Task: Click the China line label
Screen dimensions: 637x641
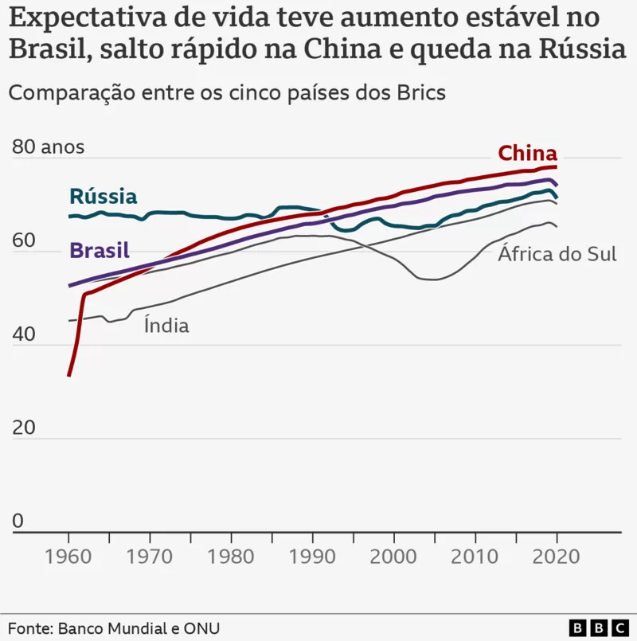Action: [x=527, y=154]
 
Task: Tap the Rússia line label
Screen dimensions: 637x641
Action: [x=104, y=196]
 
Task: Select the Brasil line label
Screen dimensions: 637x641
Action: [x=100, y=250]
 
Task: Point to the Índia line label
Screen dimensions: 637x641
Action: [x=166, y=326]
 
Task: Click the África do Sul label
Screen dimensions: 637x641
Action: [x=557, y=253]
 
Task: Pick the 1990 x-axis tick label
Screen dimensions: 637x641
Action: [x=312, y=557]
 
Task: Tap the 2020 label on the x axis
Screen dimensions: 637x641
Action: [x=556, y=557]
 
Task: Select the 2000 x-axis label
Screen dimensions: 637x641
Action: [x=393, y=557]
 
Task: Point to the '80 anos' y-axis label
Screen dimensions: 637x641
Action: [x=49, y=147]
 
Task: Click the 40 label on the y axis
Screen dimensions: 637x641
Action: [x=24, y=334]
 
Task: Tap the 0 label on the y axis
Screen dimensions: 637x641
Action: [x=18, y=521]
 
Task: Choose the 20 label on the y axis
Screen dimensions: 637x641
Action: [x=24, y=428]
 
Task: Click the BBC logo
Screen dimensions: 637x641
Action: [x=599, y=628]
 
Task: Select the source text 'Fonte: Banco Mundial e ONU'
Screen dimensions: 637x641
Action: [x=114, y=628]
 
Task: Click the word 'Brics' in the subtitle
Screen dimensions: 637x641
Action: [x=421, y=92]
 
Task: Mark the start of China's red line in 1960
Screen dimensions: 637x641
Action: [x=69, y=375]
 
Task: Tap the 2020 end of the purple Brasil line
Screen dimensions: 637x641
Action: [x=557, y=185]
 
